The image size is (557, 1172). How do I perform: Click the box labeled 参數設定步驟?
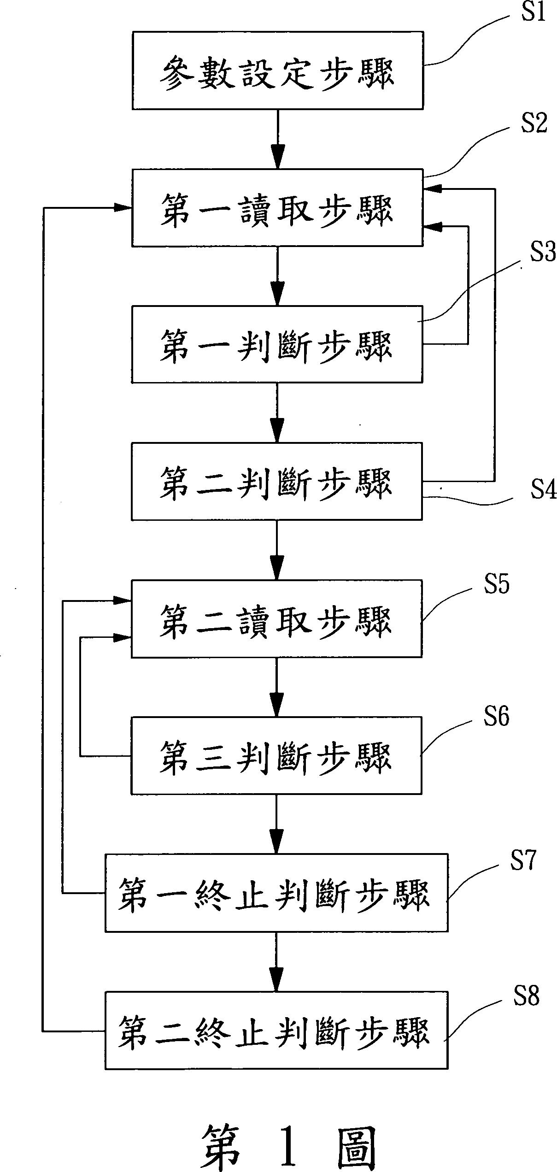(277, 71)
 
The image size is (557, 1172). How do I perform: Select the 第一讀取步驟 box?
(277, 207)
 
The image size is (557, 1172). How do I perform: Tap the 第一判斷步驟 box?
(277, 344)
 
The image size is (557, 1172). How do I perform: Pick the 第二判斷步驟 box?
(277, 481)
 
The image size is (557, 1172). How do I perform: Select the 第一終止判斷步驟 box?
(276, 893)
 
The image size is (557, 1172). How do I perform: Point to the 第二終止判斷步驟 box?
(276, 1030)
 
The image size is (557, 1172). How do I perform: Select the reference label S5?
(496, 584)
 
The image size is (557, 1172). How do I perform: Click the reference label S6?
(496, 717)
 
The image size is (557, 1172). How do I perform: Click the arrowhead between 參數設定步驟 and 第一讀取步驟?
(277, 158)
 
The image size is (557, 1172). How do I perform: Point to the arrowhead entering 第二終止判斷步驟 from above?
(276, 981)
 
